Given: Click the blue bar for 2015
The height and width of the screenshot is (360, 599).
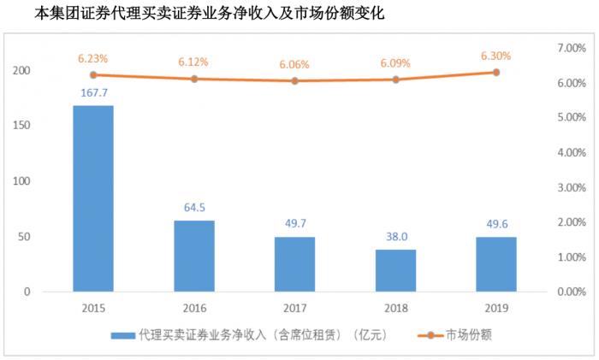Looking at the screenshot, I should point(93,198).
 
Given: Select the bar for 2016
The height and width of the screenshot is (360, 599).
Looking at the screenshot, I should point(194,256).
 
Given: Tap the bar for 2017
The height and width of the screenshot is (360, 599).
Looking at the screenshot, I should point(294,263).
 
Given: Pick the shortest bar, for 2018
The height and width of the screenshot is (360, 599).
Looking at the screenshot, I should point(395,270).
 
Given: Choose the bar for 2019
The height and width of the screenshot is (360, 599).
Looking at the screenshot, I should point(495,263).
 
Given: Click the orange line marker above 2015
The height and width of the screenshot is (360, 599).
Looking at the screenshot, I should point(93,75).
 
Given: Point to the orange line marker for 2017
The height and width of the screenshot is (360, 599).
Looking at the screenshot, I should point(294,81).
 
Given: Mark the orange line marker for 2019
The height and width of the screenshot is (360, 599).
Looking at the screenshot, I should point(495,73).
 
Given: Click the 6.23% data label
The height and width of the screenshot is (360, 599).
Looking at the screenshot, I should point(93,59).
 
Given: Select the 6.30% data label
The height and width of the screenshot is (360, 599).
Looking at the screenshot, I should point(495,56).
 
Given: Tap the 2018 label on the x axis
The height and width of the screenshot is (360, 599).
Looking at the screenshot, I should point(395,308).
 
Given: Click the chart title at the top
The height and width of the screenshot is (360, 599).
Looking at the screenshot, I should point(197,13).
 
